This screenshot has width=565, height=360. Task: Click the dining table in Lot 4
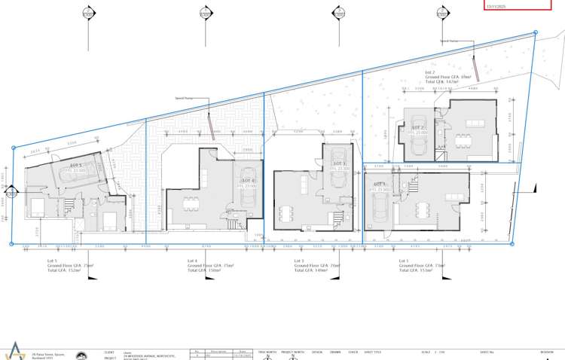pos(191,203)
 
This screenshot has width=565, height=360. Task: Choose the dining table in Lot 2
pos(462,139)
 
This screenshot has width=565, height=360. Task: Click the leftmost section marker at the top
pos(88,14)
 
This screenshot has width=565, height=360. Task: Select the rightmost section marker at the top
pos(444,14)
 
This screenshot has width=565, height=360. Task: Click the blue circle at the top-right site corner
pos(536,32)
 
